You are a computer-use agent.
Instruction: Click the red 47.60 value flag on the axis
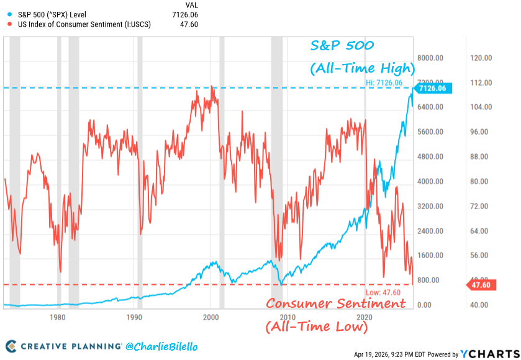[x=478, y=285]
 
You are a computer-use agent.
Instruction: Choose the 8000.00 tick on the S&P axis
[x=428, y=58]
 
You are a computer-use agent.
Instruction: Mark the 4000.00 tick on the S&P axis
[x=428, y=181]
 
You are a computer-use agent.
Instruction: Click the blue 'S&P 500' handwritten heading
[x=343, y=46]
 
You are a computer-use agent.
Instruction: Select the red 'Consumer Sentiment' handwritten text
[x=336, y=304]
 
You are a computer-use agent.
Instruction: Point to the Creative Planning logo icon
[x=11, y=346]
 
